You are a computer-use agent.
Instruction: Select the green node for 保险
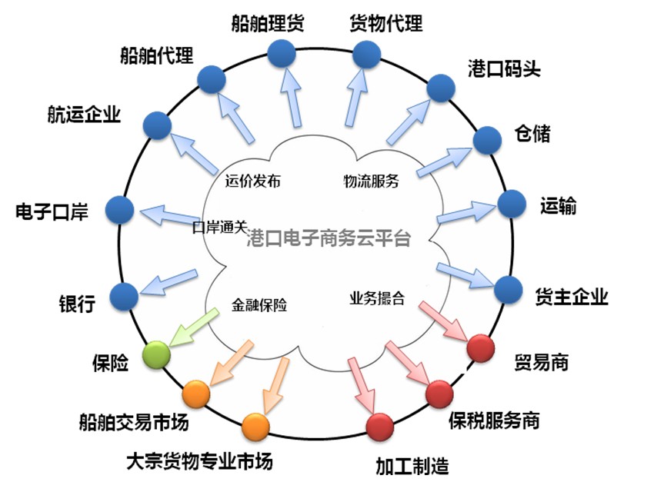(x=157, y=354)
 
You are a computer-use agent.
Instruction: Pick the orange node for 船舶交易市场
(x=196, y=394)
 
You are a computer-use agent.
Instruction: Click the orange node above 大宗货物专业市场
(x=255, y=426)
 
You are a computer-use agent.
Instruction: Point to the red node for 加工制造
(x=380, y=427)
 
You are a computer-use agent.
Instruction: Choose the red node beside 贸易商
(x=481, y=348)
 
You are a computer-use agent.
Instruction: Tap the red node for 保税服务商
(x=439, y=394)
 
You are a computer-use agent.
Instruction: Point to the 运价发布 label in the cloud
(x=253, y=182)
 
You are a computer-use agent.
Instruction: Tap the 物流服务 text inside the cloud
(x=371, y=182)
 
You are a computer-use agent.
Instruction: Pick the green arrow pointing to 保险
(x=190, y=328)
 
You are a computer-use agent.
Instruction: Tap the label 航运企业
(x=84, y=115)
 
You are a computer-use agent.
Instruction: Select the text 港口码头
(x=504, y=68)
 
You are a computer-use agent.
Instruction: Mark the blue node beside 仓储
(x=487, y=139)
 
